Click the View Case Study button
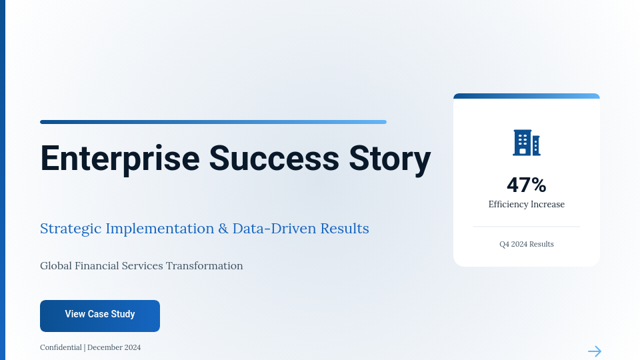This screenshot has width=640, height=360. pyautogui.click(x=100, y=315)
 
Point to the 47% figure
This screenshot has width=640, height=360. pyautogui.click(x=527, y=185)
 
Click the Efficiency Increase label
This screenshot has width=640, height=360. pyautogui.click(x=527, y=205)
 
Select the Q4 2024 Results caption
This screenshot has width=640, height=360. pyautogui.click(x=527, y=244)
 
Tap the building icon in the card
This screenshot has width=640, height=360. pyautogui.click(x=526, y=143)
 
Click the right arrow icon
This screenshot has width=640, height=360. pyautogui.click(x=595, y=351)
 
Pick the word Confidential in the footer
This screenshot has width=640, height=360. pyautogui.click(x=61, y=347)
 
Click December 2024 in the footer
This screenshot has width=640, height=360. pyautogui.click(x=114, y=347)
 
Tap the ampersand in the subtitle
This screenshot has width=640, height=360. pyautogui.click(x=223, y=229)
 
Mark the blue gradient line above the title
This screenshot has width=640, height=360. pyautogui.click(x=213, y=122)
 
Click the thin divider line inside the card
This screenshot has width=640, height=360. pyautogui.click(x=527, y=227)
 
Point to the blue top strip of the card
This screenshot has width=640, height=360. pyautogui.click(x=527, y=96)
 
